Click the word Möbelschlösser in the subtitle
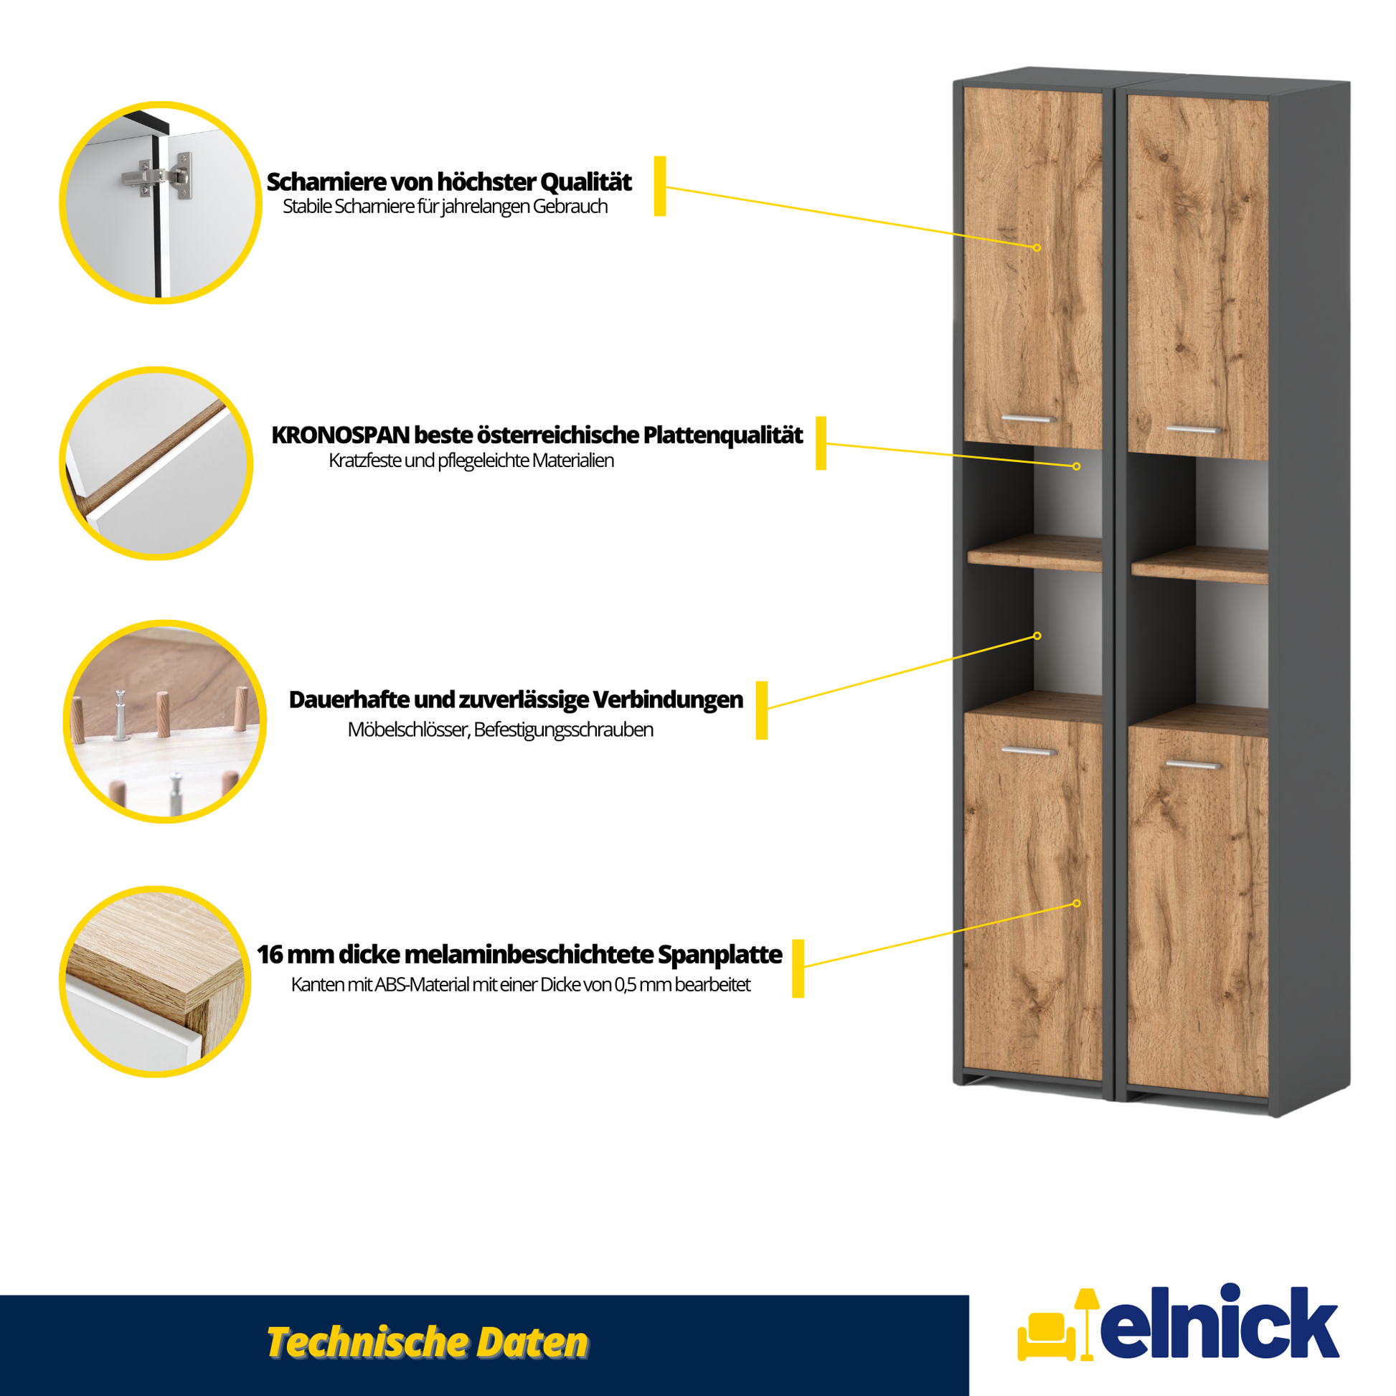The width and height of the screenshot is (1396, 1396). [x=409, y=730]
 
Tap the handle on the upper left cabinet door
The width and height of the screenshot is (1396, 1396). [x=1028, y=419]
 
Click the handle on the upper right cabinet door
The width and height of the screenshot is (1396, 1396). [x=1194, y=430]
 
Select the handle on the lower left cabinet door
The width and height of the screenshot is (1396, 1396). [x=1028, y=752]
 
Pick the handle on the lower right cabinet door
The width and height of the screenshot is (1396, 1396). [x=1194, y=765]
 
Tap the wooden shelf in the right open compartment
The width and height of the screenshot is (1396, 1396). [x=1199, y=565]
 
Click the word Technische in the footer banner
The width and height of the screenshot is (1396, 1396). [x=365, y=1342]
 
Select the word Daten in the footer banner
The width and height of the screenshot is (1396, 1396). [x=531, y=1342]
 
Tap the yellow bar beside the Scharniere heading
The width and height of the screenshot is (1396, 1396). [x=660, y=186]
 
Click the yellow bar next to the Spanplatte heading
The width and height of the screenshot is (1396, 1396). [x=798, y=968]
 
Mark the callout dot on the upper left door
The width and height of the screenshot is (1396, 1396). [x=1037, y=247]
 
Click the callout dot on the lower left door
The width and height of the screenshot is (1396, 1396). [x=1077, y=903]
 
